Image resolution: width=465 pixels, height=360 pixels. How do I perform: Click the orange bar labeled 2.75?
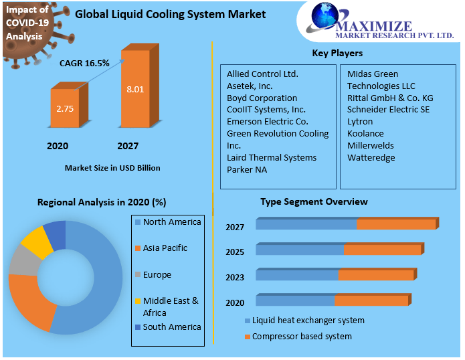(64, 108)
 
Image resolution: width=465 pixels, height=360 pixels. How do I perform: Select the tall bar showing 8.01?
(136, 87)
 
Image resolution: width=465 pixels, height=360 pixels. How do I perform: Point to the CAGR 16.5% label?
(84, 63)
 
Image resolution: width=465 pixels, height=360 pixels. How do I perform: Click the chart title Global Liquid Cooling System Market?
(170, 14)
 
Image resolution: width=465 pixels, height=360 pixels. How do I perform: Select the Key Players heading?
(337, 53)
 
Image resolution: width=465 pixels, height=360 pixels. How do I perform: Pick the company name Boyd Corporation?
(262, 98)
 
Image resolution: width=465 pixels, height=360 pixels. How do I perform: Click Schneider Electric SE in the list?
(388, 110)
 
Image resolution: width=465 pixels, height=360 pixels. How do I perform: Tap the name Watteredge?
(371, 158)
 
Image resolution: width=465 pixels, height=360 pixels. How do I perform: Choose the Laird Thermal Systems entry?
(271, 158)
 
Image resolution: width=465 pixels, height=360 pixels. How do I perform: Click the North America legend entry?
(171, 222)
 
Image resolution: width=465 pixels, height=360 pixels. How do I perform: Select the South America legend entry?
(171, 327)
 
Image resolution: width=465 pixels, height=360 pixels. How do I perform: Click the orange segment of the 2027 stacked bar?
(395, 224)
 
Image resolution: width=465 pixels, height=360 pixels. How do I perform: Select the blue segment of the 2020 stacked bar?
(294, 300)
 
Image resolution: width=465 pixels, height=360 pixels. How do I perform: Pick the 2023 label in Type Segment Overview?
(235, 278)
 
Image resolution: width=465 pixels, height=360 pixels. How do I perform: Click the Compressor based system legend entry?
(301, 336)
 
